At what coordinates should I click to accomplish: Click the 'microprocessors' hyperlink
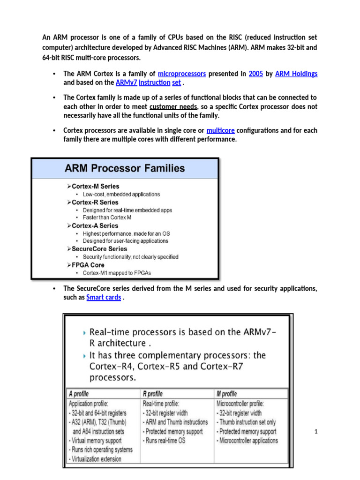pyautogui.click(x=182, y=74)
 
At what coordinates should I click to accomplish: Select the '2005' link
pyautogui.click(x=256, y=74)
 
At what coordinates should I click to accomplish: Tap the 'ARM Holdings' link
pyautogui.click(x=296, y=74)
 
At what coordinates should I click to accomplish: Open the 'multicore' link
pyautogui.click(x=220, y=130)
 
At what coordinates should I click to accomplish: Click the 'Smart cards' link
pyautogui.click(x=104, y=297)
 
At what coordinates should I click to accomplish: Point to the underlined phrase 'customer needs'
pyautogui.click(x=173, y=106)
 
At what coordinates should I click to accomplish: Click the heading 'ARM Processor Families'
pyautogui.click(x=125, y=168)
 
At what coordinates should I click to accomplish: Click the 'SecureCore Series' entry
pyautogui.click(x=99, y=249)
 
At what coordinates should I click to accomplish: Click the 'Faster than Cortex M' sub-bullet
pyautogui.click(x=107, y=217)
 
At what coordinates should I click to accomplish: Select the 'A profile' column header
pyautogui.click(x=79, y=394)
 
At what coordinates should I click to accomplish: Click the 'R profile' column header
pyautogui.click(x=152, y=394)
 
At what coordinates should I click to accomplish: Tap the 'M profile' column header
pyautogui.click(x=226, y=394)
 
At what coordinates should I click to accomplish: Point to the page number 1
pyautogui.click(x=316, y=432)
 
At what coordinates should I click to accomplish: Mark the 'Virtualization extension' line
pyautogui.click(x=95, y=459)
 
